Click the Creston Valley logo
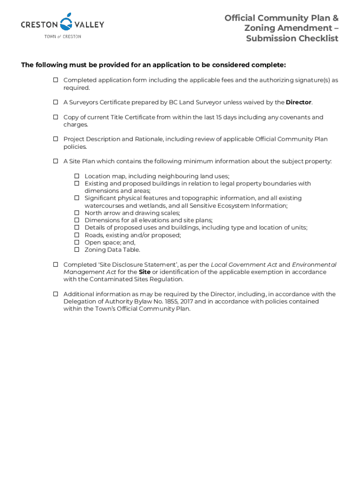[62, 25]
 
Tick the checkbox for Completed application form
[55, 80]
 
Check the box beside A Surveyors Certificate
[55, 102]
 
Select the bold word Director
[298, 102]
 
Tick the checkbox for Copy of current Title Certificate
[55, 117]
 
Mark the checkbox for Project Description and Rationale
[55, 139]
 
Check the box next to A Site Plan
[55, 161]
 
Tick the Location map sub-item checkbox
[77, 176]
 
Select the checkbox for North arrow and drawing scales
[77, 213]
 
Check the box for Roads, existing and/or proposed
[77, 235]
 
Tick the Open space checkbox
[77, 242]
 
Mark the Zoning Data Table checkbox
[77, 250]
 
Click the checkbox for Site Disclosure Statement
[55, 264]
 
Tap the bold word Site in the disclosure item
[144, 272]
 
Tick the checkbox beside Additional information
[55, 294]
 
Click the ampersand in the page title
[335, 18]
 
